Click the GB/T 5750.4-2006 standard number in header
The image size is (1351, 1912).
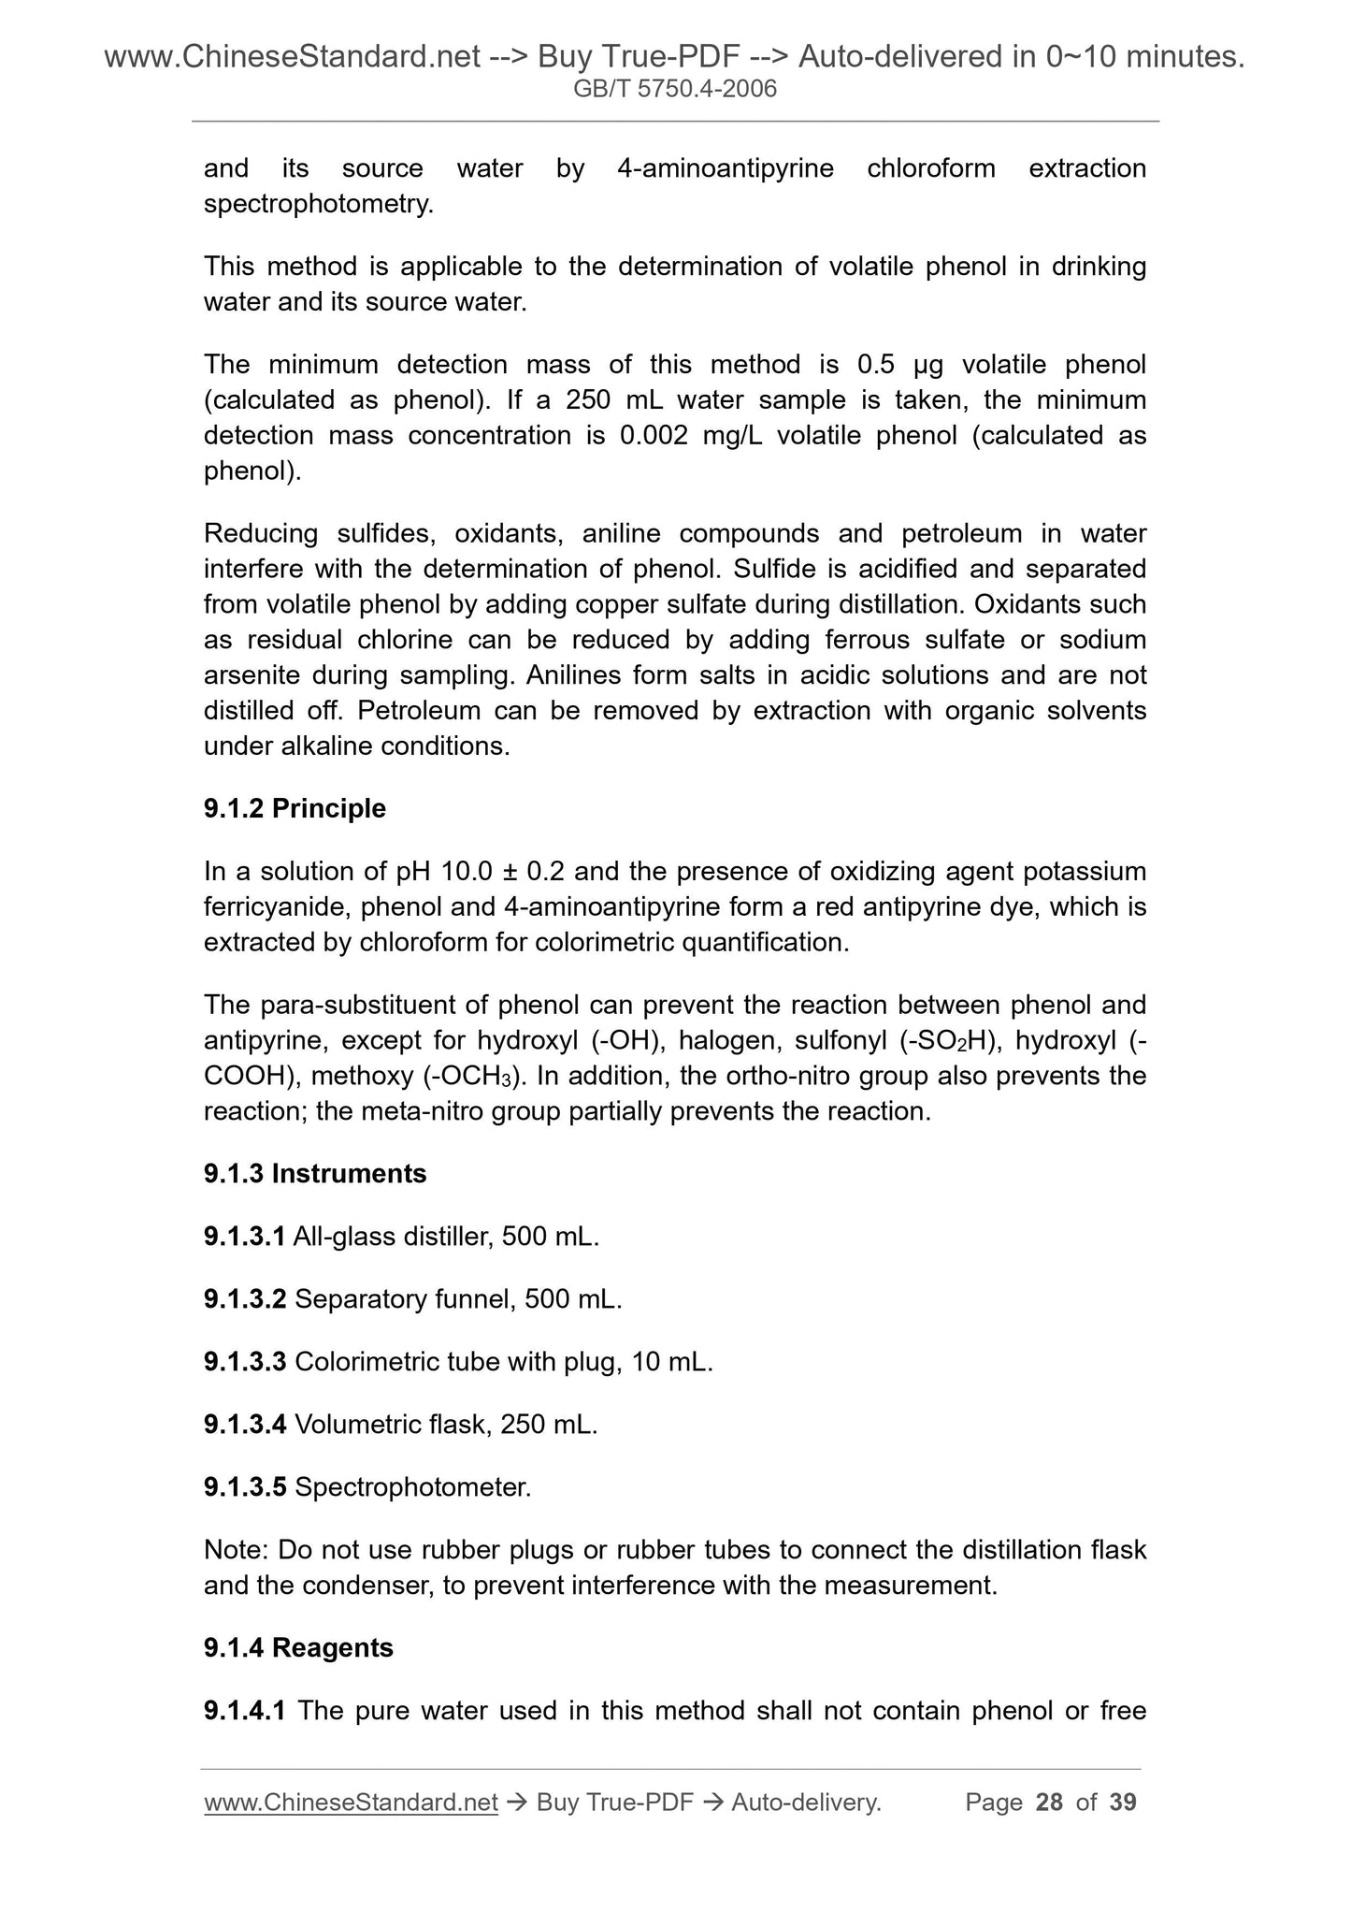pos(675,90)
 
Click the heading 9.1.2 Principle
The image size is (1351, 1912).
pos(295,808)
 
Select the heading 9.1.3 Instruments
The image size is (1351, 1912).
pos(315,1174)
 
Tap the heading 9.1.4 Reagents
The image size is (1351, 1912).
pos(298,1647)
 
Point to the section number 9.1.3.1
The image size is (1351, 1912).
pos(244,1237)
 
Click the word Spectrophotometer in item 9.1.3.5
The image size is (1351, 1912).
pos(412,1487)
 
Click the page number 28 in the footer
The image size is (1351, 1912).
pos(1049,1802)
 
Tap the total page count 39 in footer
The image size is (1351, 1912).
pos(1123,1802)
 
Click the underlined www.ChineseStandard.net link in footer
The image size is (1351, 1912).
pos(351,1802)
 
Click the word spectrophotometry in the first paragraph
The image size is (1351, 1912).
pos(318,204)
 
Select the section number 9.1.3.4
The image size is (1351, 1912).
pos(245,1425)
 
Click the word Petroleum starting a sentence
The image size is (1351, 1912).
pos(407,711)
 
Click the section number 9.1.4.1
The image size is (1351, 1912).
pos(244,1711)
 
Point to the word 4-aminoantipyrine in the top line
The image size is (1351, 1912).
pos(726,168)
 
